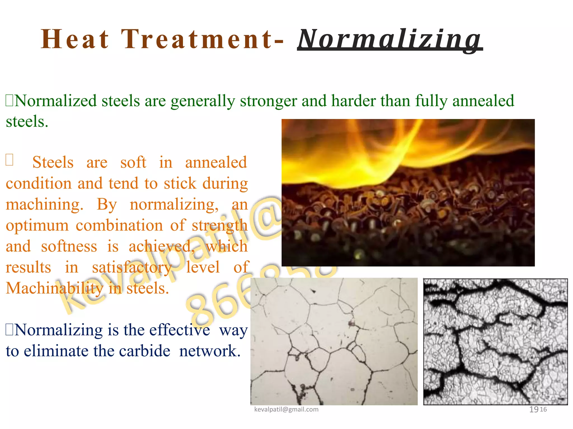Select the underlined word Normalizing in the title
tap(389, 40)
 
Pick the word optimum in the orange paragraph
tap(37, 226)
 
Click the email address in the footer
tap(286, 409)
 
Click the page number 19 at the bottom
tap(534, 409)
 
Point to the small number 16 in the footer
tap(543, 409)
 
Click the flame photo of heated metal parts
tap(408, 192)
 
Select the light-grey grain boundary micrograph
tap(334, 341)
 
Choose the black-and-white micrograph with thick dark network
tap(495, 341)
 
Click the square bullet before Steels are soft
tap(9, 160)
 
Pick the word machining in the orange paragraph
tap(44, 205)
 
